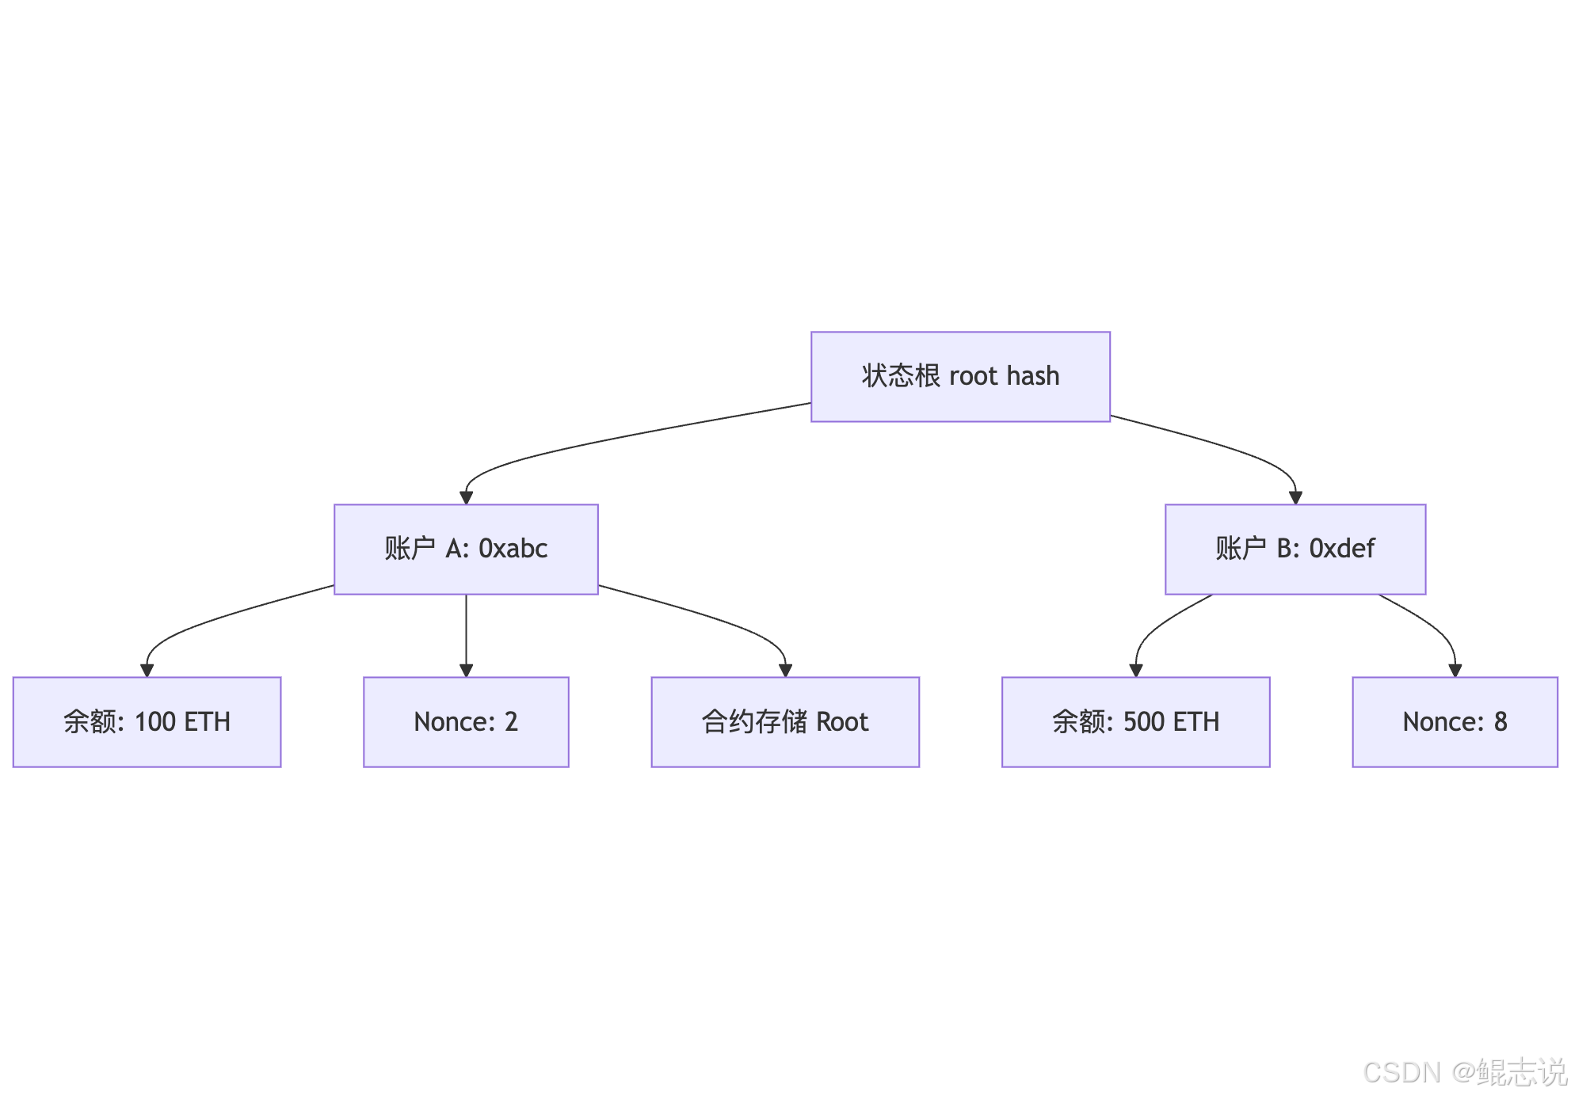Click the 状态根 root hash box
pos(960,377)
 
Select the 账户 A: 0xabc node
pos(466,549)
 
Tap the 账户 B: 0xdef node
pos(1295,549)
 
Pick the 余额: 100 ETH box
pos(147,722)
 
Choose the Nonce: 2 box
pos(466,722)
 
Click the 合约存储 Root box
pos(785,722)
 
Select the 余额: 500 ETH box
pos(1136,722)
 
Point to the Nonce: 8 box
pos(1455,722)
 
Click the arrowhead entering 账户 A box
pos(466,498)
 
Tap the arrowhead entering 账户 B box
pos(1295,498)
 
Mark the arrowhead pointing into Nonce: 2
pos(466,671)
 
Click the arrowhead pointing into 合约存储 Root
pos(785,671)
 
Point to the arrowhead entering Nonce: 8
pos(1455,671)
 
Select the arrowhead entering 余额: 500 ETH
pos(1136,671)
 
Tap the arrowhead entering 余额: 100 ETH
pos(147,671)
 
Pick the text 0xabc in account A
pos(513,548)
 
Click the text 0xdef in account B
pos(1342,548)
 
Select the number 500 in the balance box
pos(1143,721)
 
